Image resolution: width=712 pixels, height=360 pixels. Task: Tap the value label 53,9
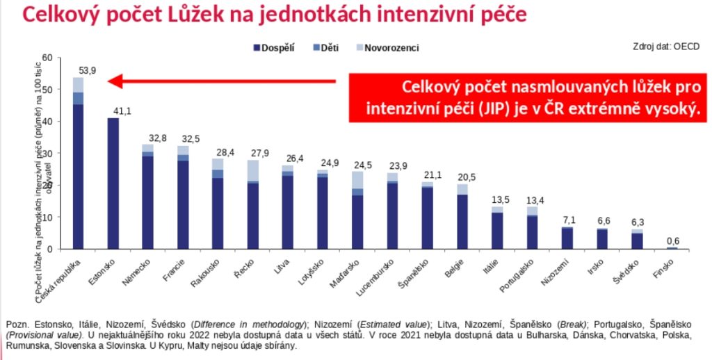pyautogui.click(x=88, y=70)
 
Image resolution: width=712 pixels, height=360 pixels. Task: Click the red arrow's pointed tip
pyautogui.click(x=110, y=82)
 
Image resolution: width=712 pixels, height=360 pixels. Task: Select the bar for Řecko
pyautogui.click(x=252, y=204)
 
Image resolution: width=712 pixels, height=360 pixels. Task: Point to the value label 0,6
pyautogui.click(x=672, y=241)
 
